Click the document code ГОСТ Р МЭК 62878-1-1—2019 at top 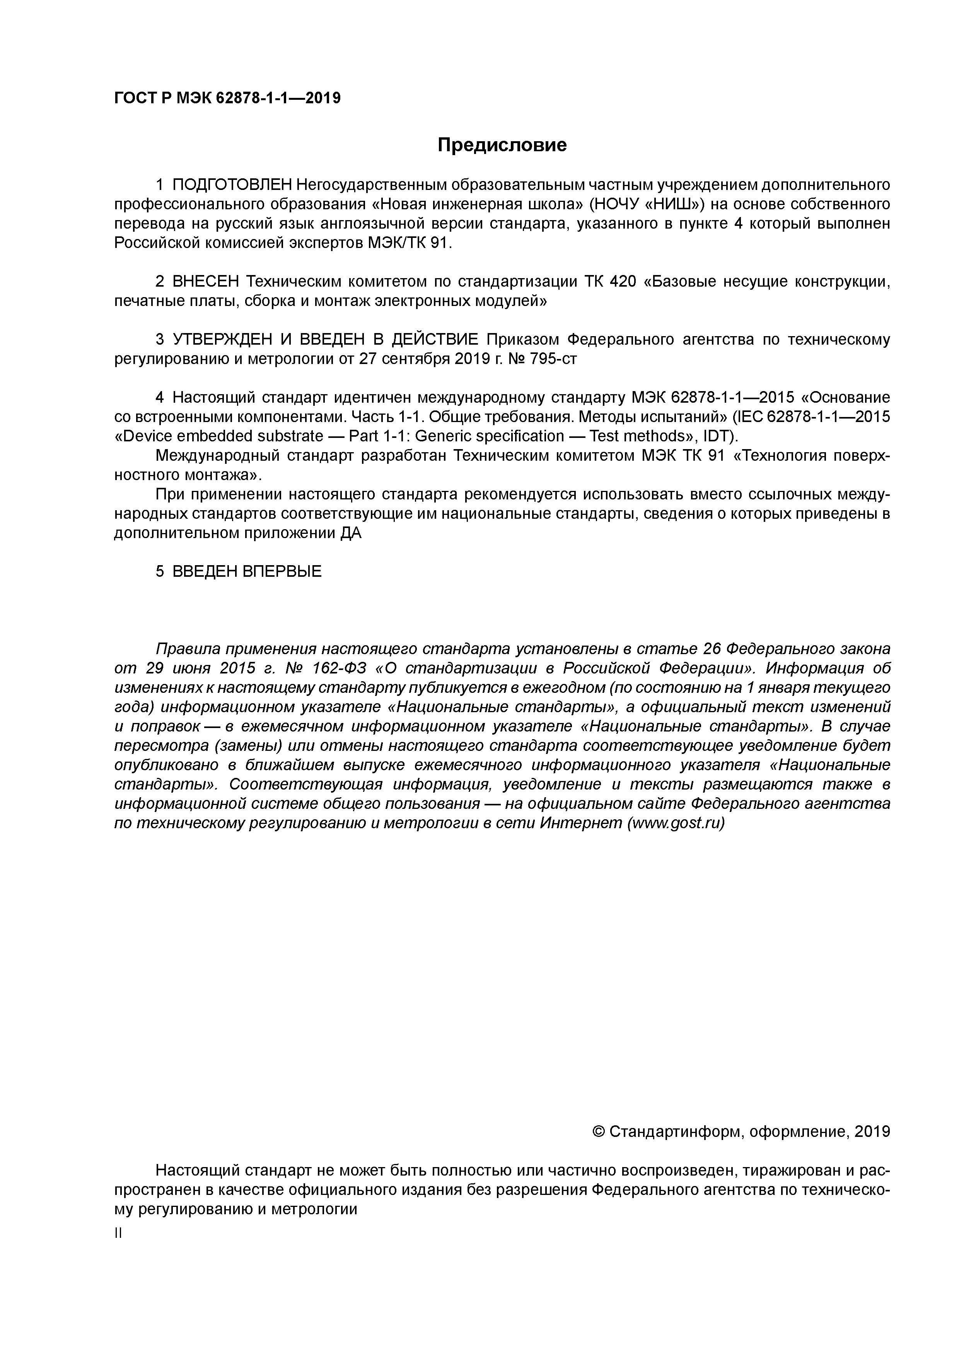(227, 98)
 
